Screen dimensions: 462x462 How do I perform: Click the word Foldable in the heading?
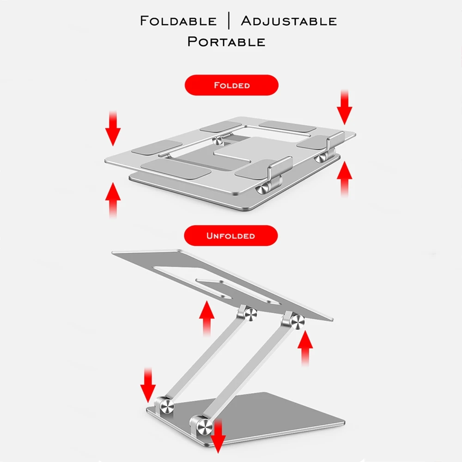(x=178, y=21)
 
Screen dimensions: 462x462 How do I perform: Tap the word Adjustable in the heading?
(x=289, y=21)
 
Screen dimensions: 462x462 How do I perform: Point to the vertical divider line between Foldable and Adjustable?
(x=229, y=21)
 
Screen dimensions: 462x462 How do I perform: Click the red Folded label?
(x=231, y=85)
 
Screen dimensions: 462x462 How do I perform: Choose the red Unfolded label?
(x=231, y=236)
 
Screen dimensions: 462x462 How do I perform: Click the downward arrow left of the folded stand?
(x=113, y=128)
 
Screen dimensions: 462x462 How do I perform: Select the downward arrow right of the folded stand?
(x=345, y=107)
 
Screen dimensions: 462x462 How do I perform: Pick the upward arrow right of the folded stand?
(x=345, y=179)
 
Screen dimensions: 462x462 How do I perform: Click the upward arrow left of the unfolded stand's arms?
(x=207, y=318)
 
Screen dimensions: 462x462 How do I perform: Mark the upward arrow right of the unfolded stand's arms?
(x=305, y=348)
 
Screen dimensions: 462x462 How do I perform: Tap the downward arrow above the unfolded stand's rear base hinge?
(x=148, y=385)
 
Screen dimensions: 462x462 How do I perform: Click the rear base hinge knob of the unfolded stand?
(x=167, y=406)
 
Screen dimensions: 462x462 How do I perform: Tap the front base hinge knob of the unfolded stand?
(x=204, y=426)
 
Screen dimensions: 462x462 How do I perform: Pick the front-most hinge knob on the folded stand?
(x=262, y=188)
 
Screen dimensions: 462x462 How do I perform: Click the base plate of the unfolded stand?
(x=274, y=413)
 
